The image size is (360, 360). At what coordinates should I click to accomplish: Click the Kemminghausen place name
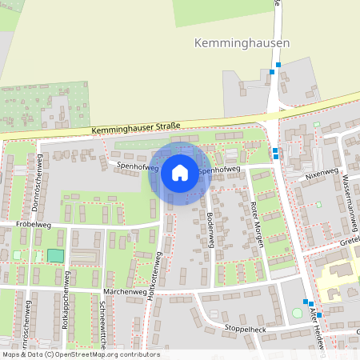point(242,42)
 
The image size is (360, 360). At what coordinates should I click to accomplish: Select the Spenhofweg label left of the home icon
point(137,166)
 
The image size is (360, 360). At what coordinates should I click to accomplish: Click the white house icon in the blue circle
point(179,172)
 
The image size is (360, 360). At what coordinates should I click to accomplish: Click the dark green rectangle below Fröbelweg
point(54,255)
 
